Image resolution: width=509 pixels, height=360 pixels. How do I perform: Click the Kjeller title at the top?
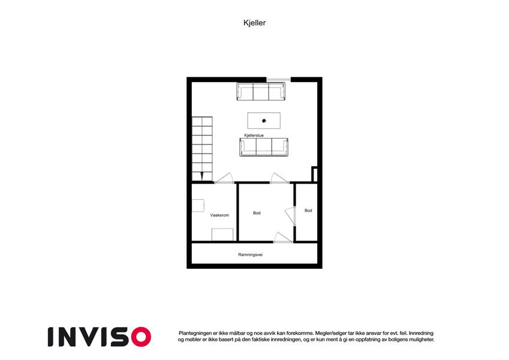point(254,23)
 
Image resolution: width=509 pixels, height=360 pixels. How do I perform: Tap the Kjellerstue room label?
point(254,135)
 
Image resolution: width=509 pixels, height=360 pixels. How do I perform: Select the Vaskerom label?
point(219,215)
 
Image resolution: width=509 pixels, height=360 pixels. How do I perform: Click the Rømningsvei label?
point(250,255)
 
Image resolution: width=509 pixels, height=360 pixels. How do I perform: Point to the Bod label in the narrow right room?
point(308,211)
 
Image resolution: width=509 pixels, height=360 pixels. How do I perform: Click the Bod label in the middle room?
point(257,213)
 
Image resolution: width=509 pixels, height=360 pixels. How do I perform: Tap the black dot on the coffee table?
point(264,121)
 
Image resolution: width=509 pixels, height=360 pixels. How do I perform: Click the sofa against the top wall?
point(261,91)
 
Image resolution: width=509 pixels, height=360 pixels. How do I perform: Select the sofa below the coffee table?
point(264,147)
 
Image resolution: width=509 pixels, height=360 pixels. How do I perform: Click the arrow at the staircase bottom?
point(202,175)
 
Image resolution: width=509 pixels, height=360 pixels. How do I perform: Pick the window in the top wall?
point(279,79)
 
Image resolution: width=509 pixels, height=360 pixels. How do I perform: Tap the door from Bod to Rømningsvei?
point(283,238)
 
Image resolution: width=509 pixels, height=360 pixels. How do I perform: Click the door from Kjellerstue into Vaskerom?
point(224,178)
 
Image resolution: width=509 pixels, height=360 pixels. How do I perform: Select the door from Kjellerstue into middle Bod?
point(279,178)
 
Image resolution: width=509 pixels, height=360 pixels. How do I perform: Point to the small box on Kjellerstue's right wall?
point(314,174)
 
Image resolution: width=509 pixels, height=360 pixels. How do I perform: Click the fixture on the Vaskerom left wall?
point(198,205)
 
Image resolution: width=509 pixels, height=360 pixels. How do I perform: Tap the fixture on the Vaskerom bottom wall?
point(222,235)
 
